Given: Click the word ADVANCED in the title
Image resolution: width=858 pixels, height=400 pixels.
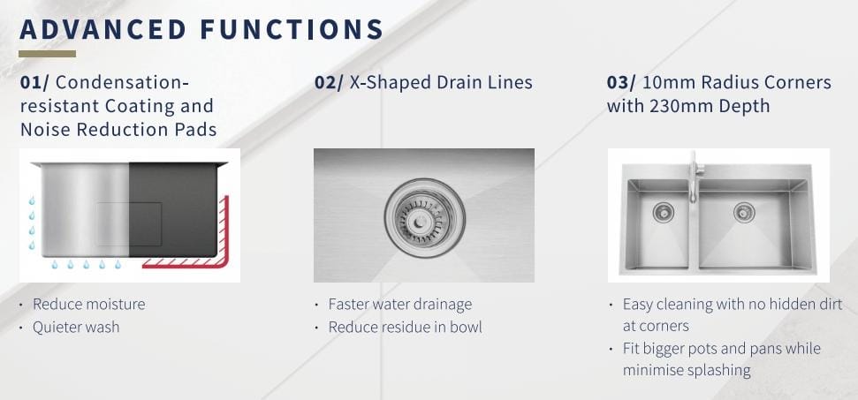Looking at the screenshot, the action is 103,29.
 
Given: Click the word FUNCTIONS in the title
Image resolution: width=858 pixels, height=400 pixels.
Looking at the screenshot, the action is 291,29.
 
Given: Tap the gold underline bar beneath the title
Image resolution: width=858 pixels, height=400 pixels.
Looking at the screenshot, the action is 47,54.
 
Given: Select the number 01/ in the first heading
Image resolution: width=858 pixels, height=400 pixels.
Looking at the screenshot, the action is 34,82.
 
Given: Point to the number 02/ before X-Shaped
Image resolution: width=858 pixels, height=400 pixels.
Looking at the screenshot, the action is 329,82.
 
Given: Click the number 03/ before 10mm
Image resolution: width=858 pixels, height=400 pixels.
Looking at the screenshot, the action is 621,82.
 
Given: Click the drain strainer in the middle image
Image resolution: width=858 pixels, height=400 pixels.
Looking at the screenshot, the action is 425,218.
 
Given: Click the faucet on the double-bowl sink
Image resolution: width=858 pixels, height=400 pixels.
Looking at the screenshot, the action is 693,177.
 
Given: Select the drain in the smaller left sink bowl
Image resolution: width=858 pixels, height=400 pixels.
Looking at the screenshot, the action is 664,212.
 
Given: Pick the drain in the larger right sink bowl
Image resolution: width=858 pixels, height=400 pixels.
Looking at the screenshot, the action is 744,212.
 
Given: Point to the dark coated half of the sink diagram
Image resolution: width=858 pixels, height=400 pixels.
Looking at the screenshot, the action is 173,210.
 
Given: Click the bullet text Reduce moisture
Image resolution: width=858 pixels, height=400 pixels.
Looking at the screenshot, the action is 89,304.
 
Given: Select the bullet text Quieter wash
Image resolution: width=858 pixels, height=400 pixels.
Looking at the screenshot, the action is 76,327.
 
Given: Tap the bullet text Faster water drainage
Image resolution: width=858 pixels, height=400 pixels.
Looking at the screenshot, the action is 400,304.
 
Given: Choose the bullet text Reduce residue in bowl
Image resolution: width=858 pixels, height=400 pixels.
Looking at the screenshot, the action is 406,327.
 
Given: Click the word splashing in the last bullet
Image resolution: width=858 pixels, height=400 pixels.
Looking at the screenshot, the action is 716,370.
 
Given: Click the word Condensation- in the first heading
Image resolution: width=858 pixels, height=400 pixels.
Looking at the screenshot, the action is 122,82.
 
